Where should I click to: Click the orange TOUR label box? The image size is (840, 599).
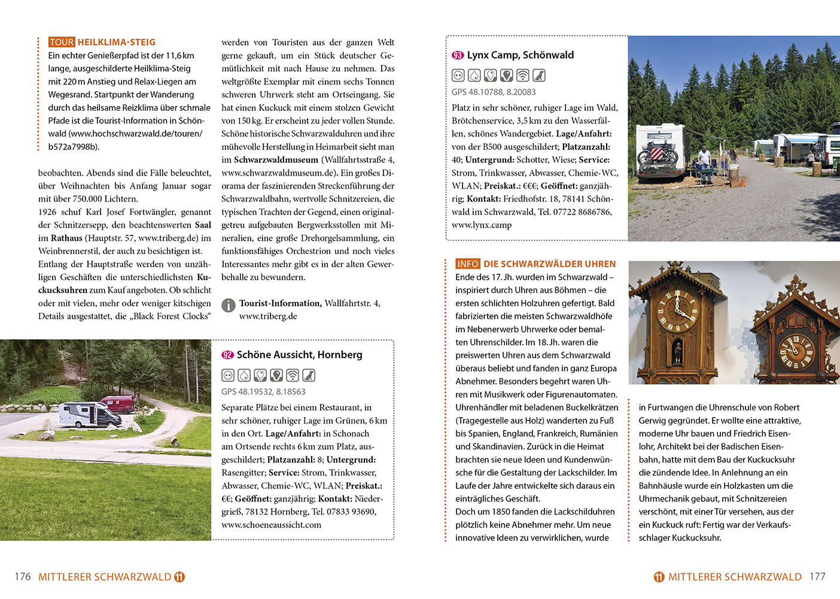tap(62, 42)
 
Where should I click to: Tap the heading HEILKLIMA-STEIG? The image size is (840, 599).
tap(117, 42)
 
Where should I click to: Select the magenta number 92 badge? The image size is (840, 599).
tap(227, 355)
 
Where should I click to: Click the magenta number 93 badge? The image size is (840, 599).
tap(458, 55)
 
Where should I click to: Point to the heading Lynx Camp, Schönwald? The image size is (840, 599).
tap(520, 55)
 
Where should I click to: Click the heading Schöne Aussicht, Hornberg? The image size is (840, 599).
tap(299, 355)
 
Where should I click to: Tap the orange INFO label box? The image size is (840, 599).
tap(468, 264)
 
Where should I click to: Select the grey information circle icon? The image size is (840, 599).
tap(229, 305)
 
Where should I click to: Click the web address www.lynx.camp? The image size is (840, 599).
tap(482, 225)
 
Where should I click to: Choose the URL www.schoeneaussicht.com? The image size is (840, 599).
tap(271, 525)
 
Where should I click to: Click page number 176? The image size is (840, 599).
tap(23, 577)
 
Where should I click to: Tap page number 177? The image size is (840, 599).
tap(817, 577)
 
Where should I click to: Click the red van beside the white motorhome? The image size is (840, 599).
tap(117, 404)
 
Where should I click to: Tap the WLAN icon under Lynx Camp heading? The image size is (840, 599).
tap(523, 75)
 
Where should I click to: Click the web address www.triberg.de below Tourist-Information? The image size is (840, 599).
tap(268, 316)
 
